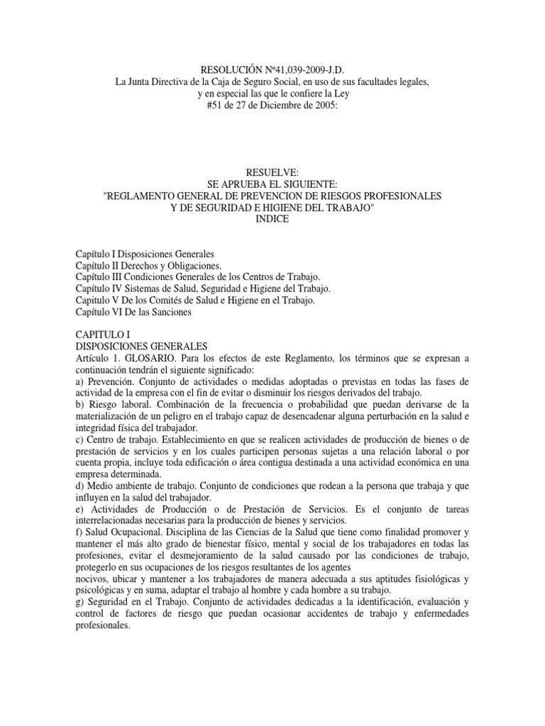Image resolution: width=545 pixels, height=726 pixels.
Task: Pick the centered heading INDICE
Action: coord(272,219)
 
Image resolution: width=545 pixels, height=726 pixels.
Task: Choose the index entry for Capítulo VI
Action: coord(133,312)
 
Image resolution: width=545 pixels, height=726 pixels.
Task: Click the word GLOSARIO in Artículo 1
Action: coord(150,358)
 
